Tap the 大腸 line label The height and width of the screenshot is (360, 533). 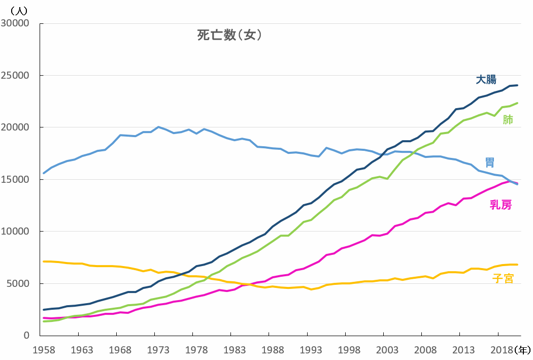(486, 80)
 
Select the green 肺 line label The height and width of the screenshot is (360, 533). (508, 120)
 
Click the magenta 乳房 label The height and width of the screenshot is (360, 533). (501, 205)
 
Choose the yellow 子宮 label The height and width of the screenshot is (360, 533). (503, 278)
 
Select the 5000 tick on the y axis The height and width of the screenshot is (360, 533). (19, 284)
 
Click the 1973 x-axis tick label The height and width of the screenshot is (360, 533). (159, 350)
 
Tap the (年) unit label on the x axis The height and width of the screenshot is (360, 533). (522, 350)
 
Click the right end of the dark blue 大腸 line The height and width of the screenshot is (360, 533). (517, 85)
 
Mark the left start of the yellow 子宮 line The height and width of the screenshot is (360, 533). (44, 261)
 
